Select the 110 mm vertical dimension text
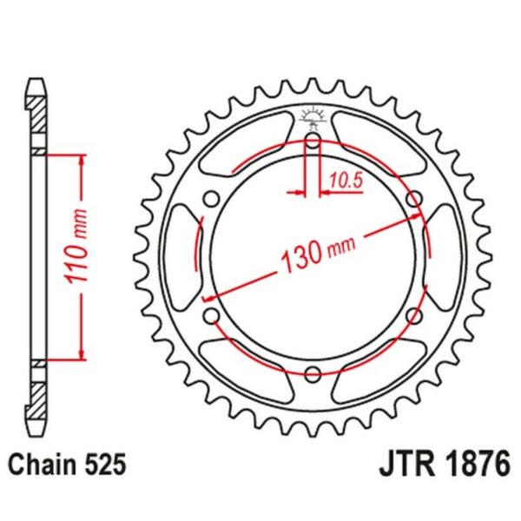(x=76, y=257)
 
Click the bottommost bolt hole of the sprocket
(x=313, y=373)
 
